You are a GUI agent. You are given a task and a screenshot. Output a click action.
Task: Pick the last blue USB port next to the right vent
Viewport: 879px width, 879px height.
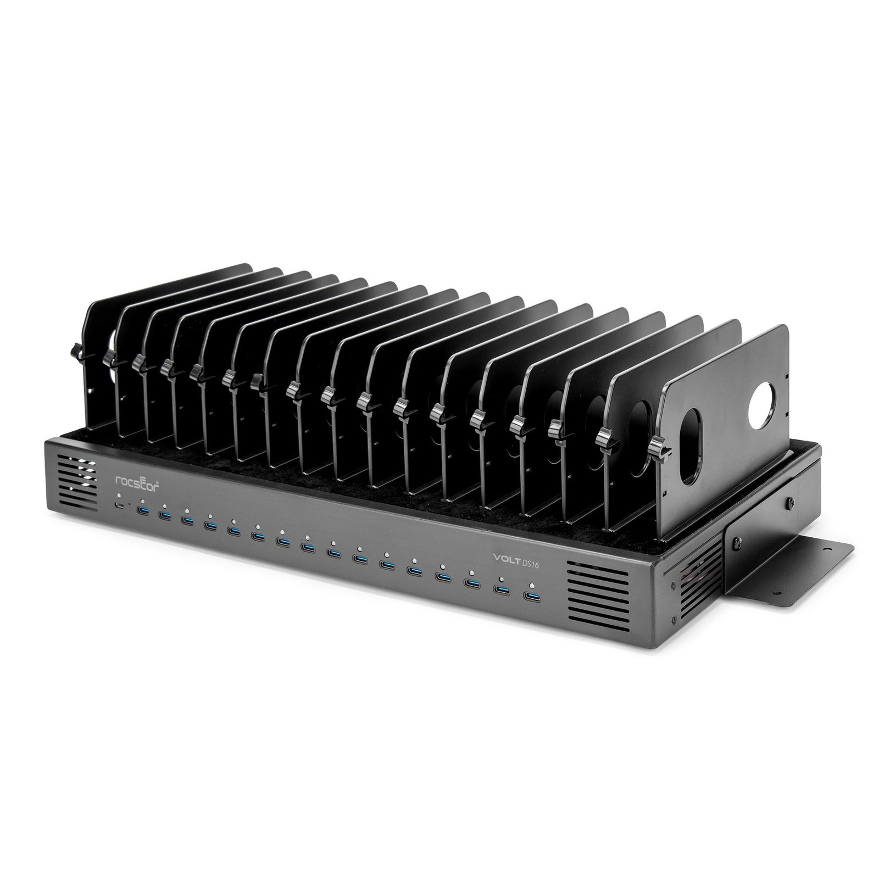point(531,597)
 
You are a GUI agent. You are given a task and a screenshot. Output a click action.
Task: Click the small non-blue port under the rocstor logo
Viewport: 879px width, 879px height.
point(119,506)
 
